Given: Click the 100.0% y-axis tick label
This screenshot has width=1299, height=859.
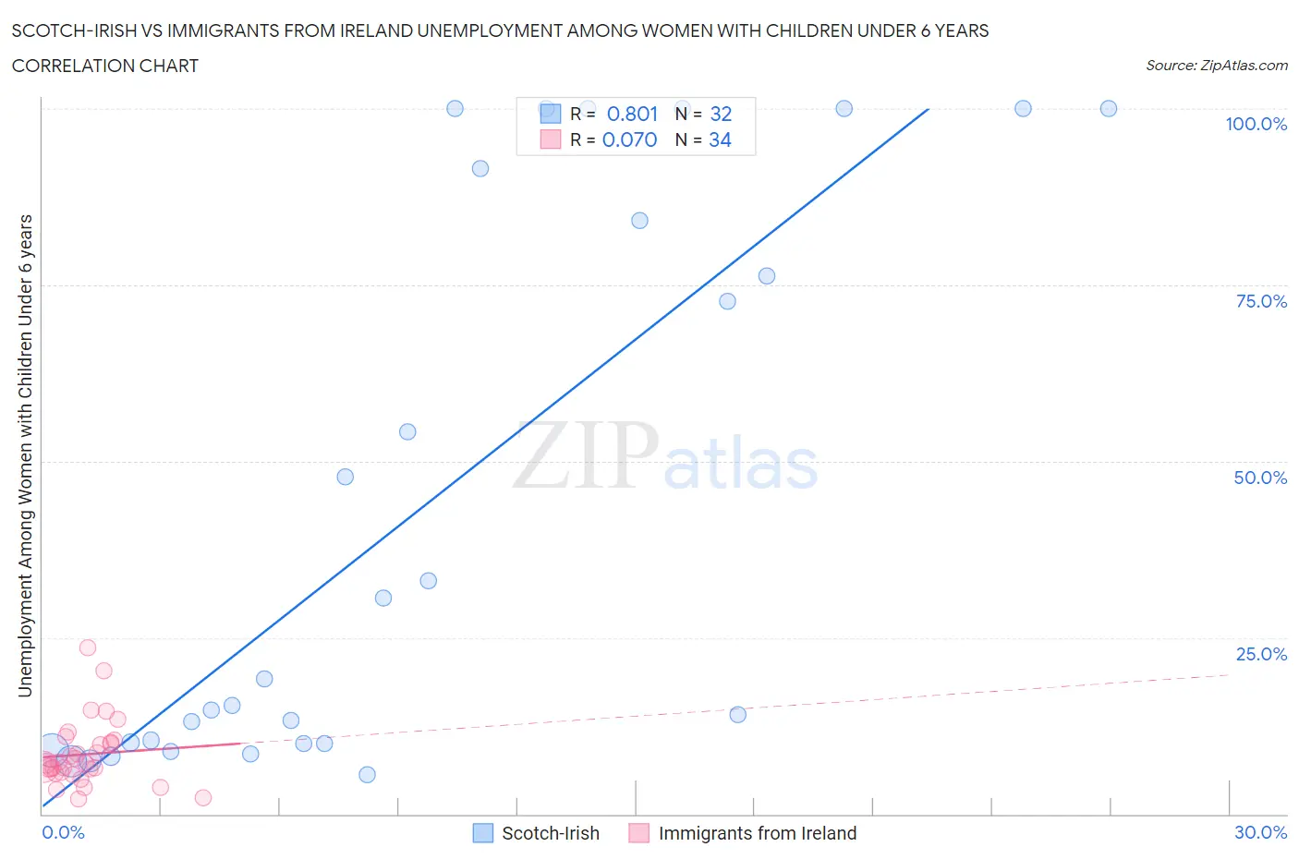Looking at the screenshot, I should coord(1256,125).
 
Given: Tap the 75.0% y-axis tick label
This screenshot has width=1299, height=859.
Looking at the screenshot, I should coord(1261,301).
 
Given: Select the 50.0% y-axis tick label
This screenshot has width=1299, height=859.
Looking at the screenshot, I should coord(1260,478).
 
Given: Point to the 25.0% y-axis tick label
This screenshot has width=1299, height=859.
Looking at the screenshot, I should coord(1261,654).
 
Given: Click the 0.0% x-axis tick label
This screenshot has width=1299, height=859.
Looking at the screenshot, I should coord(63,832).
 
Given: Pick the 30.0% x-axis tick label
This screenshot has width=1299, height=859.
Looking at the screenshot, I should coord(1260,832).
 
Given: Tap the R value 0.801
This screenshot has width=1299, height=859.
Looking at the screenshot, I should coord(632,114).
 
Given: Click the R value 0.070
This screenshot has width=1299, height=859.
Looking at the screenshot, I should coord(629,139).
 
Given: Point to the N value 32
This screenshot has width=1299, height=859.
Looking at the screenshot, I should coord(721,114).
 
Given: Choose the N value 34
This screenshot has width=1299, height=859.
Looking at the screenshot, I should coord(720,139).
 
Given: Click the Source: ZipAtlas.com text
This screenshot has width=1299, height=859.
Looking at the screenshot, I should coord(1216,66).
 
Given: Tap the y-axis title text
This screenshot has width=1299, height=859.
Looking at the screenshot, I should coord(25,456).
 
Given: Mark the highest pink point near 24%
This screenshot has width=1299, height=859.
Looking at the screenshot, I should coord(88,647).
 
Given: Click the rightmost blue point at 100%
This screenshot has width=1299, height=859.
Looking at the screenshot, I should coord(1109,108).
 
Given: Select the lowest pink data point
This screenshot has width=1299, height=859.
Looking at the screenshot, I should coord(203,798).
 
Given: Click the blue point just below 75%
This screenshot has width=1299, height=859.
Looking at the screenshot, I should coord(727,301).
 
